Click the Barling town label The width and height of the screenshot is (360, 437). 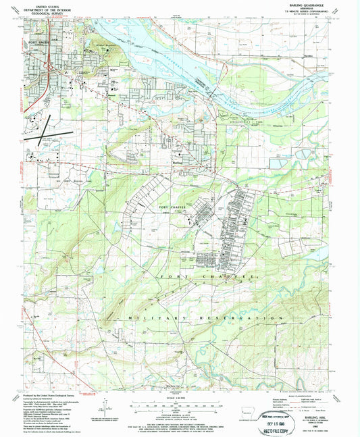tap(178, 163)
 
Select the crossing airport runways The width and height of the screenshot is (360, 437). tap(42, 126)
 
